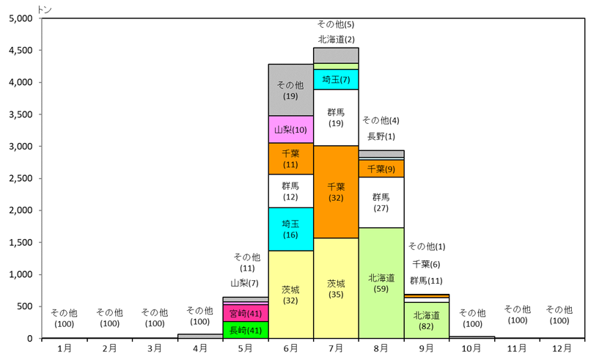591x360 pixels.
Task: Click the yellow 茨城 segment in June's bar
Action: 290,294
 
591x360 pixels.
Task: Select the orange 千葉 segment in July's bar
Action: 336,191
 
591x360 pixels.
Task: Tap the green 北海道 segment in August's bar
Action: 381,283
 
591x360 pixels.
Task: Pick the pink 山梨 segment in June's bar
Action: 290,129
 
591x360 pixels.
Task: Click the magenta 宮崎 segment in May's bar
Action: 246,313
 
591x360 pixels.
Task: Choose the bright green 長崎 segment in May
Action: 246,330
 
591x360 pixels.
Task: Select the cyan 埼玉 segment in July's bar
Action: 336,79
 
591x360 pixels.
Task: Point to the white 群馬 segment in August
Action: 381,202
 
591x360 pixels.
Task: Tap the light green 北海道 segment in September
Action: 427,320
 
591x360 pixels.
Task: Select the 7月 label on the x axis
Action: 336,347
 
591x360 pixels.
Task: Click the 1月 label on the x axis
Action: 65,347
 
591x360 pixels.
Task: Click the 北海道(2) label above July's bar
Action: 337,39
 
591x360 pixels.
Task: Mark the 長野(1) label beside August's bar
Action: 381,136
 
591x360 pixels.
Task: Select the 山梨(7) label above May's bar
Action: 245,283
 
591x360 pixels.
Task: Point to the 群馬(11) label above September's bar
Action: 426,280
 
